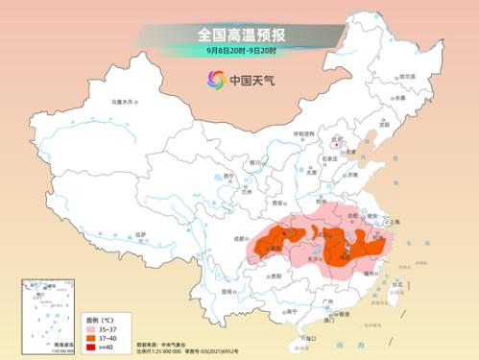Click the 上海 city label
pos(392,220)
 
